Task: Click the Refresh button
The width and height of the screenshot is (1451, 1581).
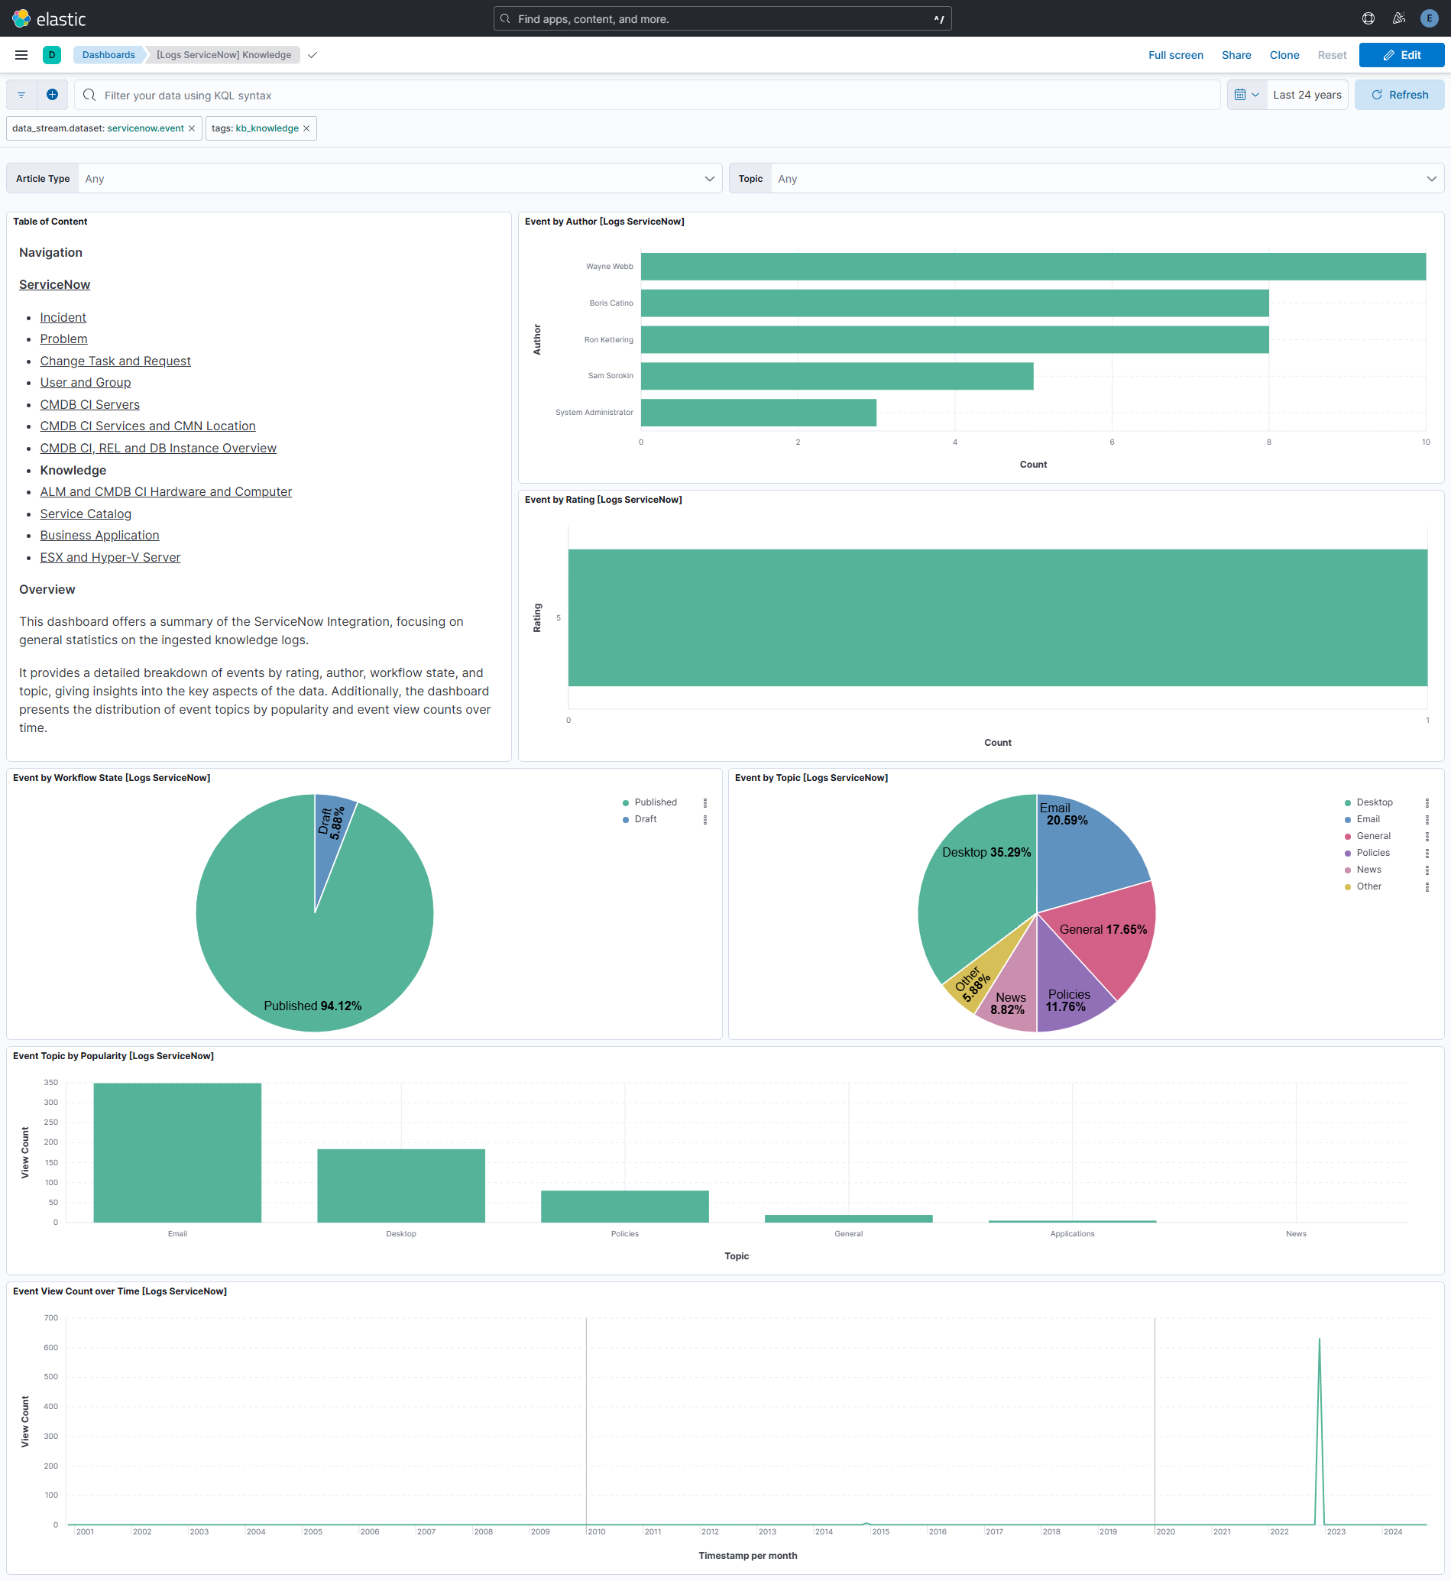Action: point(1398,95)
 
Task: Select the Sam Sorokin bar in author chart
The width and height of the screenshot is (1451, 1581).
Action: point(836,375)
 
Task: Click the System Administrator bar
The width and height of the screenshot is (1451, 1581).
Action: point(758,413)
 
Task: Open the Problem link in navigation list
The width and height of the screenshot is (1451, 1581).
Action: point(63,339)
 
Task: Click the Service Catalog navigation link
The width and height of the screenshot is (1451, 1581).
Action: point(86,514)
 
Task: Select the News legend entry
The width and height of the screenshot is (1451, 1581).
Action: point(1368,870)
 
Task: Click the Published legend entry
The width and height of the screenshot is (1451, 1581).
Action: point(655,802)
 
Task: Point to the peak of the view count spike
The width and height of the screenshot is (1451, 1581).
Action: point(1319,1339)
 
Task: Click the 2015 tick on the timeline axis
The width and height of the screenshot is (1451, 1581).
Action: point(880,1531)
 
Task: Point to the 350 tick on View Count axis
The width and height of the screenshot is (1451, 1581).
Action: point(51,1082)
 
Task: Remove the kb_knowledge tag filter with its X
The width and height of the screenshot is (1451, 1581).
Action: point(306,129)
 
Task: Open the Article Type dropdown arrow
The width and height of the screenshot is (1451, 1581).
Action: point(709,179)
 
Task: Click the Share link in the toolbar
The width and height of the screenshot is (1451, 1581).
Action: point(1236,55)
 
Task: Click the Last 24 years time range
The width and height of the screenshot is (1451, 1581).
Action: point(1307,95)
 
